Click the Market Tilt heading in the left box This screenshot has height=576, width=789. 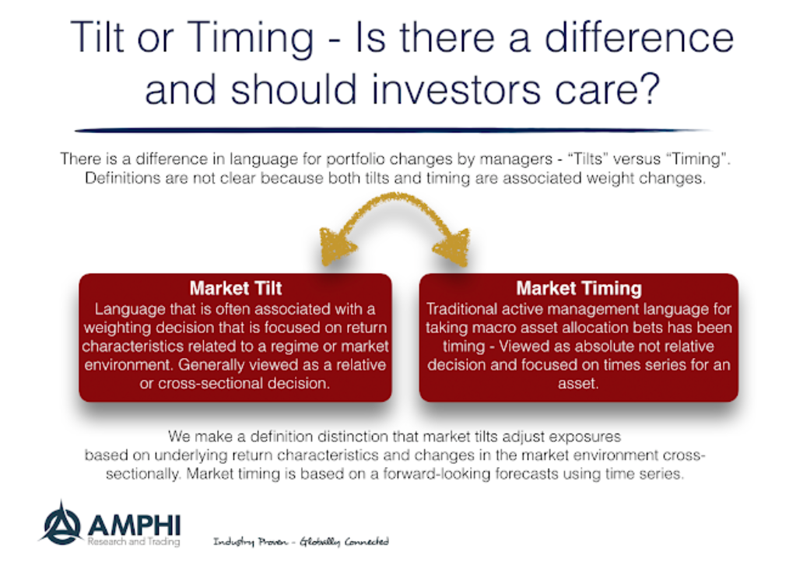click(236, 289)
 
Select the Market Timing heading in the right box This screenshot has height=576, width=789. click(579, 289)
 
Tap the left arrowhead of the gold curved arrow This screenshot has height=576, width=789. click(336, 247)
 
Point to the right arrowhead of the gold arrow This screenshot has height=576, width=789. click(453, 247)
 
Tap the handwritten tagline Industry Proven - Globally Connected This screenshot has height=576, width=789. click(301, 542)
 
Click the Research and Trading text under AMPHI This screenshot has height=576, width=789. click(134, 542)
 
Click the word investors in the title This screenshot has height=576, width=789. click(456, 90)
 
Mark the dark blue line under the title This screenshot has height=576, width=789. click(392, 130)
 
